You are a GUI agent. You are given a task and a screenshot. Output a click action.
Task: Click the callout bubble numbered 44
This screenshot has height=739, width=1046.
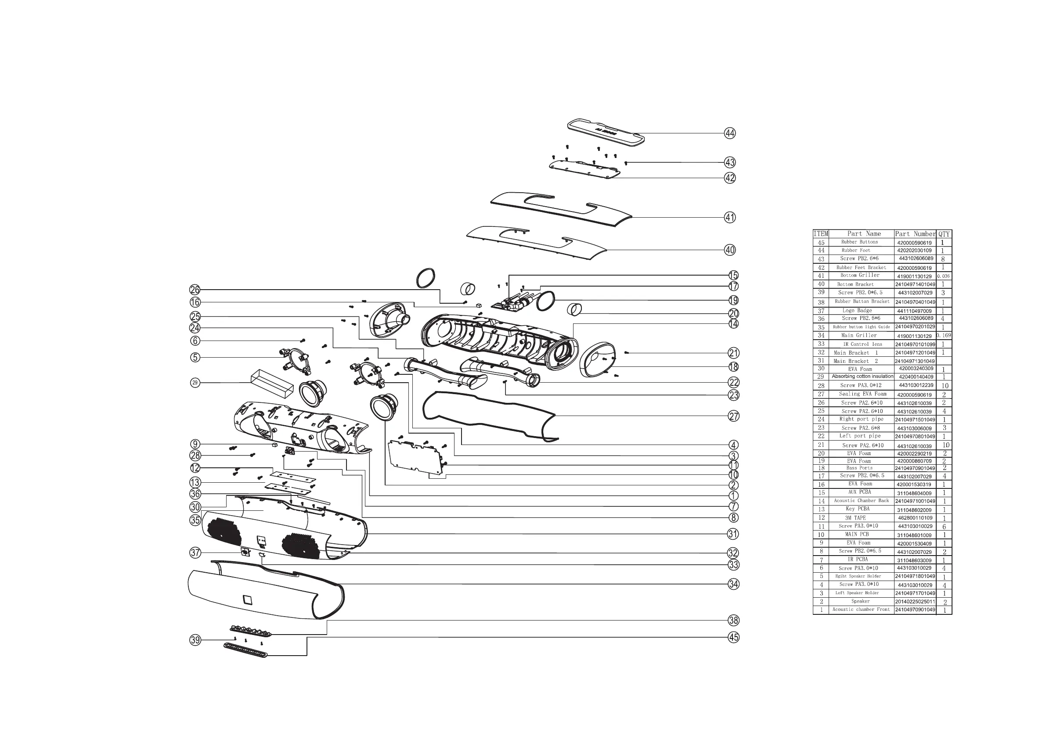coord(730,133)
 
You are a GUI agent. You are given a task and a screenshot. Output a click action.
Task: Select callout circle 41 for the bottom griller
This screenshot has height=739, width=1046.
coord(730,218)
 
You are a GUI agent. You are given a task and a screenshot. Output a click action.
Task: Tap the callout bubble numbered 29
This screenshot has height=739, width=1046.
coord(195,383)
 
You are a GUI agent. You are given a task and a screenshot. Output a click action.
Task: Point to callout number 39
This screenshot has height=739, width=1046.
coord(195,640)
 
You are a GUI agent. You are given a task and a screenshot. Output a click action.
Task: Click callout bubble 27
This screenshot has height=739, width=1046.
coord(733,416)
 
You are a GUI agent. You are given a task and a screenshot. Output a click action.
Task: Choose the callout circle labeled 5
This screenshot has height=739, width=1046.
coord(195,358)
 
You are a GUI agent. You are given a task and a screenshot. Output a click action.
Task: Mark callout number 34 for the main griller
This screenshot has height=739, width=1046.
coord(733,584)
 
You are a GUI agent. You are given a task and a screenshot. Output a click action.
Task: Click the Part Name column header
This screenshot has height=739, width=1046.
coord(861,234)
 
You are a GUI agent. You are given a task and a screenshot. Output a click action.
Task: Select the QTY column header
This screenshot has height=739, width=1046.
coord(944,234)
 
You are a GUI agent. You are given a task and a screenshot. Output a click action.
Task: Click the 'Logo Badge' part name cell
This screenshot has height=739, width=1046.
coord(861,311)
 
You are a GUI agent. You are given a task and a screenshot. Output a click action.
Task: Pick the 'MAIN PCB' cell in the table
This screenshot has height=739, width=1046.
coord(861,534)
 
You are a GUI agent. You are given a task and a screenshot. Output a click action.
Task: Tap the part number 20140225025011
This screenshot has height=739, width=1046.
coord(915,602)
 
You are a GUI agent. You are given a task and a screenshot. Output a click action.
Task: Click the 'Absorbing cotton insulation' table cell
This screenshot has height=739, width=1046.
coord(862,377)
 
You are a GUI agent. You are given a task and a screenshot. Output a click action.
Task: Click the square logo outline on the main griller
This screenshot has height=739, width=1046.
coord(247,599)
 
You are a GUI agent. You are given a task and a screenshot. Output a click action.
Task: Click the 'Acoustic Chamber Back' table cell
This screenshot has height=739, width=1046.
coord(861,501)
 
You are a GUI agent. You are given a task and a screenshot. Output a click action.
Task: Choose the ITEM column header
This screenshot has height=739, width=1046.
coord(820,234)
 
